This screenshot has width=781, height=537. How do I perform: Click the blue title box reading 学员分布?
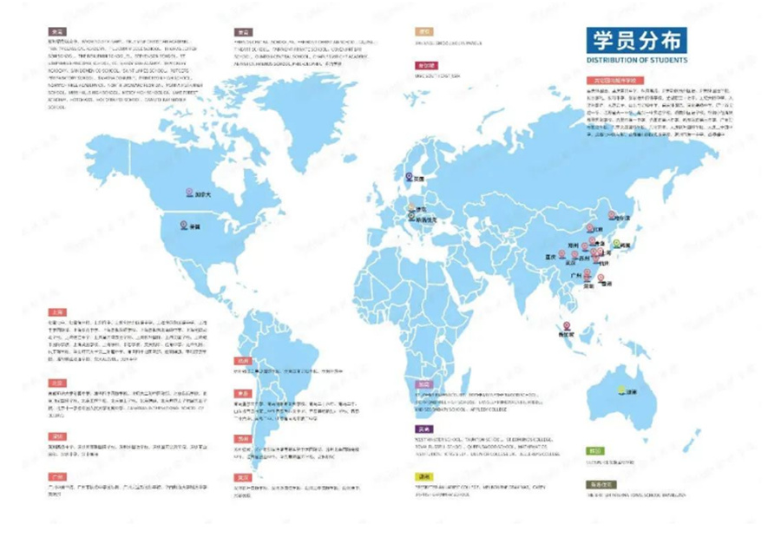coord(636,40)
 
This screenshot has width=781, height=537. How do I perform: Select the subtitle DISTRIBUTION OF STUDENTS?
coord(637,61)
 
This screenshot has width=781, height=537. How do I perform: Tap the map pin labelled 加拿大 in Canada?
coord(189,193)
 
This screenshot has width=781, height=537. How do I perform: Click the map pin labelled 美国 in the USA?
coord(184,225)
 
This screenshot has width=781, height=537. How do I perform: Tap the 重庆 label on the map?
coord(549,257)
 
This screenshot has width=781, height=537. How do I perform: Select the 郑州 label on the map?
coord(573,246)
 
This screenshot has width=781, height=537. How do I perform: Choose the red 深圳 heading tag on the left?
coord(57,436)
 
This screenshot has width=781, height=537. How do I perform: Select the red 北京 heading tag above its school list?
coord(57,383)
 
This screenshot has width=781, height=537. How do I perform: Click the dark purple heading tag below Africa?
coord(424,429)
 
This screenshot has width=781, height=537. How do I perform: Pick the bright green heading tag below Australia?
coord(594,451)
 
